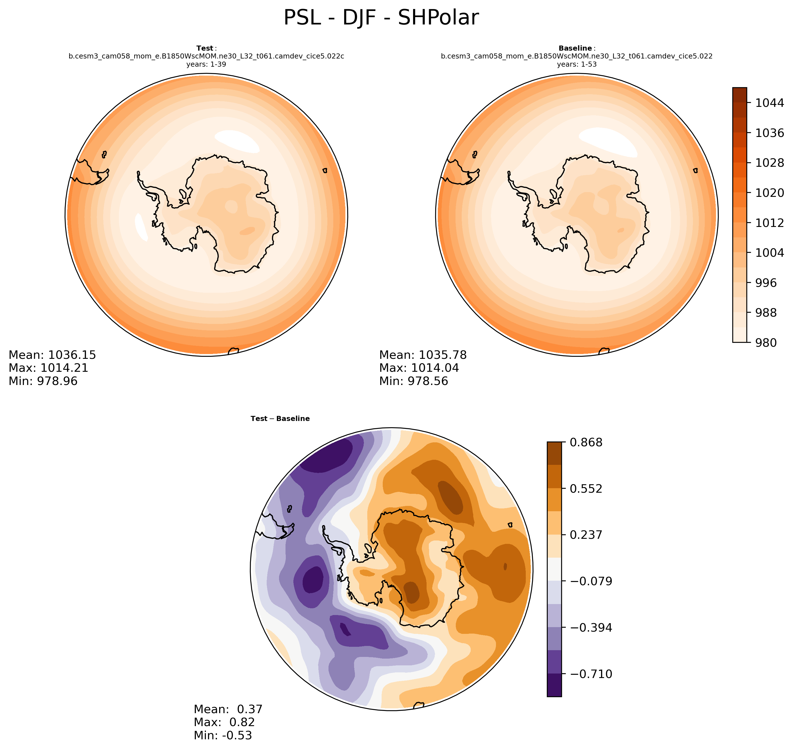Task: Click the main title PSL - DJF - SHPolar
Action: point(381,18)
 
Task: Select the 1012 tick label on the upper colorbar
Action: point(769,223)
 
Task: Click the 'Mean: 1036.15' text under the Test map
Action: point(52,355)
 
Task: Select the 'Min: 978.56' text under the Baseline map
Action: point(413,381)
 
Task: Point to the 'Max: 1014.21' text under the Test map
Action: point(48,368)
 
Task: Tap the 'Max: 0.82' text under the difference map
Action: point(224,722)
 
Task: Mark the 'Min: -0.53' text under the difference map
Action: point(223,735)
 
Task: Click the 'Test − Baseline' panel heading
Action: point(280,418)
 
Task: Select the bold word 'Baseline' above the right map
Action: point(575,48)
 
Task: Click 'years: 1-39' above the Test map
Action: point(206,64)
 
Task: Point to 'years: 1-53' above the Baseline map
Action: point(576,64)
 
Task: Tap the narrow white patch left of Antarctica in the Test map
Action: point(141,227)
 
